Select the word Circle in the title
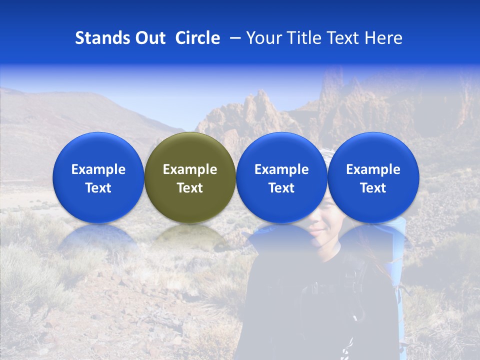click(x=197, y=38)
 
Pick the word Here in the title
click(x=383, y=38)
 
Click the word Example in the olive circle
click(x=190, y=169)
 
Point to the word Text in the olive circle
click(x=190, y=188)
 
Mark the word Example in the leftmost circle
click(x=98, y=169)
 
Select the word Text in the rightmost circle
click(x=373, y=188)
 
